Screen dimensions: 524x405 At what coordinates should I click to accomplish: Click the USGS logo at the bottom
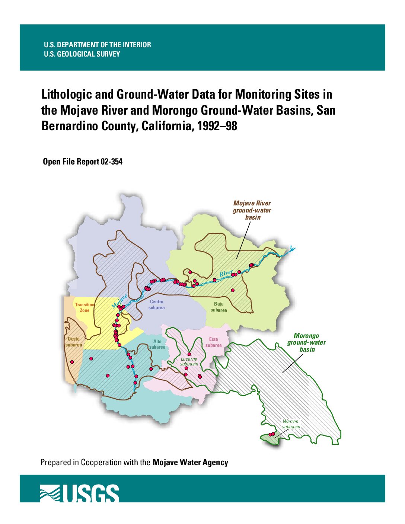pyautogui.click(x=79, y=493)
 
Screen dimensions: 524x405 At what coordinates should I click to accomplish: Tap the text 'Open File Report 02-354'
pyautogui.click(x=83, y=162)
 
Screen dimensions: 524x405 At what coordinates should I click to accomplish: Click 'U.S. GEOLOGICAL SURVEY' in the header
pyautogui.click(x=82, y=54)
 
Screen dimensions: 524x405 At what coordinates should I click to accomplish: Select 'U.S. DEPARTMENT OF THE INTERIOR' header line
pyautogui.click(x=97, y=45)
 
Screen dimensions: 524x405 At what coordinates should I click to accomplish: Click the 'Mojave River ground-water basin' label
pyautogui.click(x=252, y=210)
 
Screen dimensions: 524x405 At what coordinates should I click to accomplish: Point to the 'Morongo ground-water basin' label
pyautogui.click(x=306, y=342)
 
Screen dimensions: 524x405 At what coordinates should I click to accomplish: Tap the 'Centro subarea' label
pyautogui.click(x=156, y=305)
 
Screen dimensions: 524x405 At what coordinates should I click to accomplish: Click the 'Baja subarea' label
pyautogui.click(x=219, y=307)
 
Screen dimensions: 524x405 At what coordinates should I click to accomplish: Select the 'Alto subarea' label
pyautogui.click(x=157, y=344)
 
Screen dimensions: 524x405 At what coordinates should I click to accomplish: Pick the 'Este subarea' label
pyautogui.click(x=213, y=342)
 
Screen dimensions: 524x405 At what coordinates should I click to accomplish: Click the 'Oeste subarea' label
pyautogui.click(x=74, y=342)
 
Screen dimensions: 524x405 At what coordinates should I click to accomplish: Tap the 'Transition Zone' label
pyautogui.click(x=84, y=307)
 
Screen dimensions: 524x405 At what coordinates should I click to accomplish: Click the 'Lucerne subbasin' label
pyautogui.click(x=189, y=361)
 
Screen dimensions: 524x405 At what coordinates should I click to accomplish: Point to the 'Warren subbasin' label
pyautogui.click(x=291, y=424)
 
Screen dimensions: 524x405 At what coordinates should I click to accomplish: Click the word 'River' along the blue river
pyautogui.click(x=226, y=274)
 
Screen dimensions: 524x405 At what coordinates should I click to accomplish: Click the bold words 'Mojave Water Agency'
pyautogui.click(x=190, y=462)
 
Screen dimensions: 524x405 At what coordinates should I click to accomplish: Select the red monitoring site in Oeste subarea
pyautogui.click(x=72, y=362)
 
